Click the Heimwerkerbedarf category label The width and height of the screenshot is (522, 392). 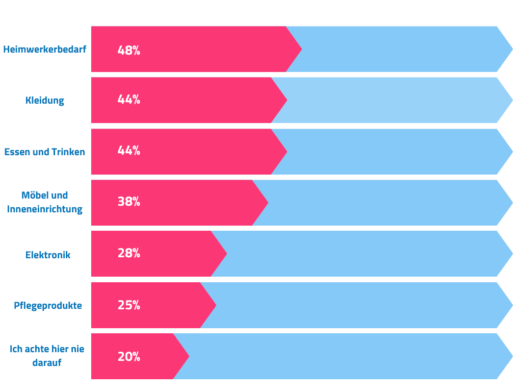(x=45, y=50)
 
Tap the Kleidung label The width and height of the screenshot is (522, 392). (x=45, y=101)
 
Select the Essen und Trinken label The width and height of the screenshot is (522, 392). (x=45, y=152)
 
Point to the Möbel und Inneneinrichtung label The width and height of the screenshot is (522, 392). (x=45, y=202)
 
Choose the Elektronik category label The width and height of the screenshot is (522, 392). (x=48, y=255)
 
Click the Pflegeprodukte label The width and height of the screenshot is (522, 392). (x=48, y=306)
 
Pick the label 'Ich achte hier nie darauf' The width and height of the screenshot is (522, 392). (x=47, y=356)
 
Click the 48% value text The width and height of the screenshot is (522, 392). (x=129, y=51)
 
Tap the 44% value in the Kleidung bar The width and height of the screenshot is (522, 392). (x=129, y=100)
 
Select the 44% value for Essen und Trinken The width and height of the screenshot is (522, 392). (x=129, y=151)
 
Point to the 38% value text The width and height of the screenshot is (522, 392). (x=129, y=202)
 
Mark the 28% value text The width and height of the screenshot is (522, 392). (x=129, y=253)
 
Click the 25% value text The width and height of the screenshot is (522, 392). (x=129, y=305)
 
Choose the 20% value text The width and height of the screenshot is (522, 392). (x=129, y=357)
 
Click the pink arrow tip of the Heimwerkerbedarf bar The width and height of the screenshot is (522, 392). (x=302, y=49)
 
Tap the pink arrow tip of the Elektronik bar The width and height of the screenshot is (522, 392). (x=227, y=254)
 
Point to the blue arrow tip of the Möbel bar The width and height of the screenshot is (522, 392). (x=512, y=203)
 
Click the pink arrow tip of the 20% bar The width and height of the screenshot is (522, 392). (x=189, y=356)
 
